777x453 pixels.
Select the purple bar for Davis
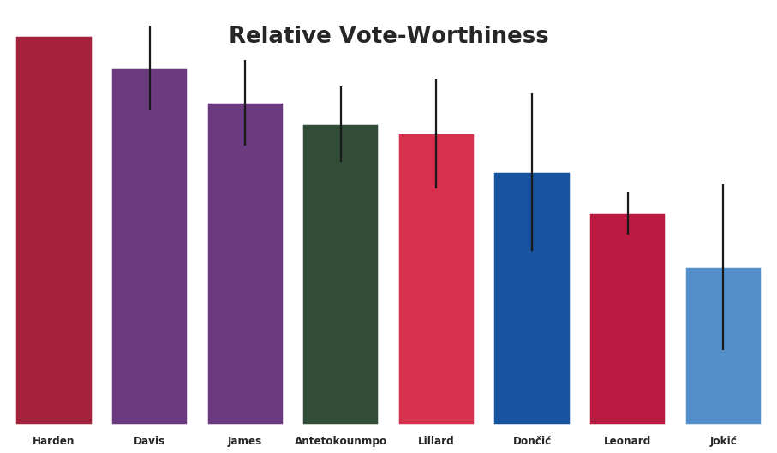149,257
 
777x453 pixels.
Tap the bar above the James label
245,274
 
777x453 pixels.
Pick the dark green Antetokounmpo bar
340,283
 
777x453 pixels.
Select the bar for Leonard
627,325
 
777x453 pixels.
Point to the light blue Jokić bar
723,377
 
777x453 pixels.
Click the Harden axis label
53,441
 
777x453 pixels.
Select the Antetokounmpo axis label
340,441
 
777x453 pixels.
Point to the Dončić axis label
532,441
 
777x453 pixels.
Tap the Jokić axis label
723,441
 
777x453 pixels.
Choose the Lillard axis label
436,441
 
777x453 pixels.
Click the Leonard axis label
627,441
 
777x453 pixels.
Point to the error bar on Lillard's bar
436,107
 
